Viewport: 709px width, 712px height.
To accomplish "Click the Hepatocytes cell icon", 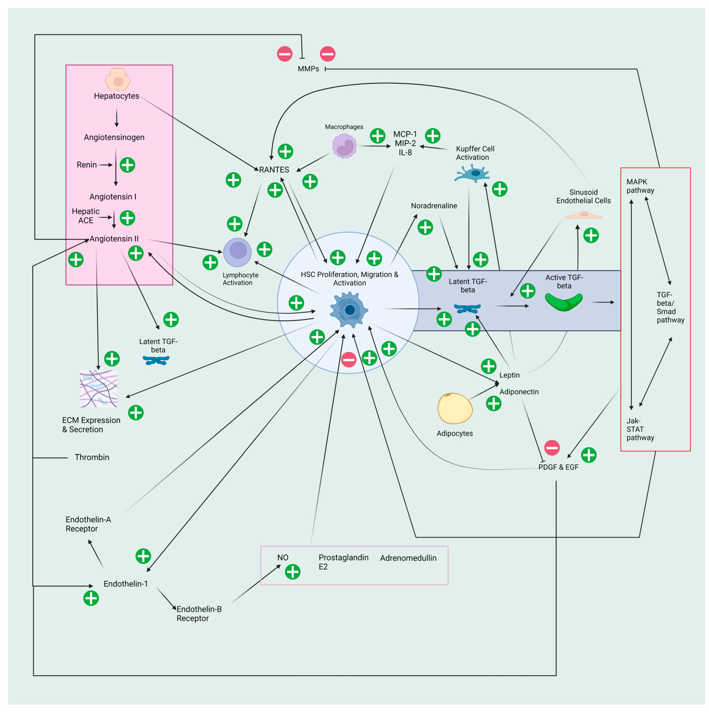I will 118,79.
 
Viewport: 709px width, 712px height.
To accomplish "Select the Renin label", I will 87,165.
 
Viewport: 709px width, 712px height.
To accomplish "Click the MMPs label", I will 308,69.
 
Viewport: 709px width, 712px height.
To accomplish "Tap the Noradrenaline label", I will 434,206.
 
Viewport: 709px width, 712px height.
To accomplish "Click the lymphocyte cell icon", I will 238,252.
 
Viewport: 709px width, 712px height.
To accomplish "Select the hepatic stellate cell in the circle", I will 349,309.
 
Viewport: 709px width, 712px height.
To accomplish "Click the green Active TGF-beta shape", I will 563,302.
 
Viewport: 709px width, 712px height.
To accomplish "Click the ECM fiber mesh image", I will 98,388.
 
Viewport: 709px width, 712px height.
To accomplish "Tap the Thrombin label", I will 92,457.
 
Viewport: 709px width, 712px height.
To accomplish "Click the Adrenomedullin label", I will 408,558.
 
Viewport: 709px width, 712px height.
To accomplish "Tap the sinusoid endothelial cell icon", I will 583,215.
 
